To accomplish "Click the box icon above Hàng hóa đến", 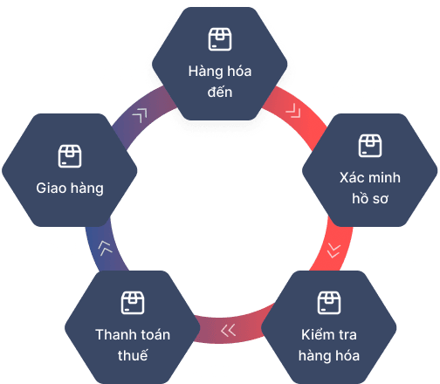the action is point(220,39).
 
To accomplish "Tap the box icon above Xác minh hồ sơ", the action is point(370,146).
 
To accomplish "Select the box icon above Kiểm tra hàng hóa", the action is point(329,303).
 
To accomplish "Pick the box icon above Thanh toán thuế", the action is point(133,303).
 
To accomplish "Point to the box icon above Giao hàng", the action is point(70,156).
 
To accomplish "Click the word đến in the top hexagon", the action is point(220,92).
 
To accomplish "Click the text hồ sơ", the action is point(370,199).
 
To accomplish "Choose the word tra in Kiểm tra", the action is point(347,335).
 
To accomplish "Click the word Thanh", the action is point(114,334).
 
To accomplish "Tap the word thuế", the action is point(133,355).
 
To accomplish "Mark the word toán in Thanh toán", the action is point(154,334).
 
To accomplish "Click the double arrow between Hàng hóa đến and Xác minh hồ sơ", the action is point(293,111).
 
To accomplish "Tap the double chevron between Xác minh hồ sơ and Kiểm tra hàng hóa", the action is point(333,250).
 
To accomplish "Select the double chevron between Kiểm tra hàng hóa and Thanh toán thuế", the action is point(228,331).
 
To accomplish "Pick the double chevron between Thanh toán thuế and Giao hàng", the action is point(105,249).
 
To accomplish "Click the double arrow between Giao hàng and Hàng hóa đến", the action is point(140,115).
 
